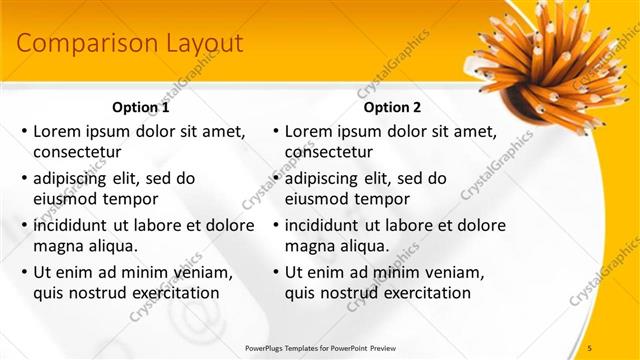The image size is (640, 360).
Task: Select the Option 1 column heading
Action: pyautogui.click(x=141, y=107)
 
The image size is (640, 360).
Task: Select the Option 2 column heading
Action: pyautogui.click(x=392, y=107)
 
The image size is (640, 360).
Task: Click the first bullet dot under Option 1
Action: pyautogui.click(x=24, y=131)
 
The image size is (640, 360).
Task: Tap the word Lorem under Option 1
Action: pyautogui.click(x=57, y=131)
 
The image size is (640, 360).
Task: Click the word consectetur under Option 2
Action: pyautogui.click(x=329, y=152)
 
